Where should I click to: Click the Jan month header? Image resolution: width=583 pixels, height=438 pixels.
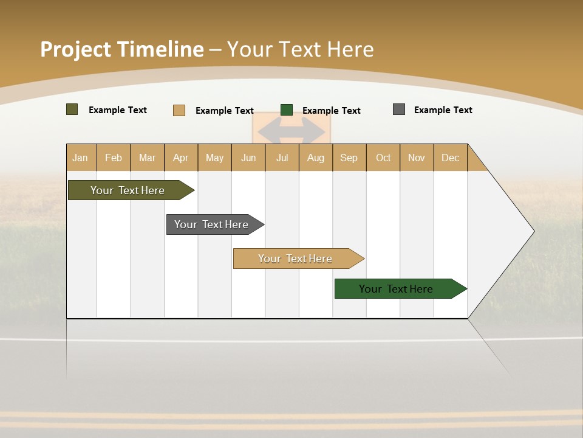click(81, 158)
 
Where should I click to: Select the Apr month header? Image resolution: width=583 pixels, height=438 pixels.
click(181, 158)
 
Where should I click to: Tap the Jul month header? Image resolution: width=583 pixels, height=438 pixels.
click(282, 158)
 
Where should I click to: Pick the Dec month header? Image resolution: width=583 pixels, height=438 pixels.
click(450, 158)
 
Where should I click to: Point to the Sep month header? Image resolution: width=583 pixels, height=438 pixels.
click(349, 158)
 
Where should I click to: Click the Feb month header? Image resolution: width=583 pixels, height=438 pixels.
click(114, 158)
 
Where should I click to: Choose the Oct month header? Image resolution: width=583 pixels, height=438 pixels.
click(383, 158)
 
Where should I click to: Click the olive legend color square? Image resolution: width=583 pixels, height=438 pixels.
click(72, 109)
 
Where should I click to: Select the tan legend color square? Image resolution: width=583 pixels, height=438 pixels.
click(179, 110)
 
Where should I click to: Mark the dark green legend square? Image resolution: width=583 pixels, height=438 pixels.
click(287, 109)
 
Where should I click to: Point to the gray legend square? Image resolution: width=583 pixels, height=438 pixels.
click(399, 109)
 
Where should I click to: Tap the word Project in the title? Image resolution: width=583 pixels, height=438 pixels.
click(76, 49)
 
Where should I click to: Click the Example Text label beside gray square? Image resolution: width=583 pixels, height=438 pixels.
click(443, 110)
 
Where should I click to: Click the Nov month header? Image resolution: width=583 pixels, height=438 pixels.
click(417, 158)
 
